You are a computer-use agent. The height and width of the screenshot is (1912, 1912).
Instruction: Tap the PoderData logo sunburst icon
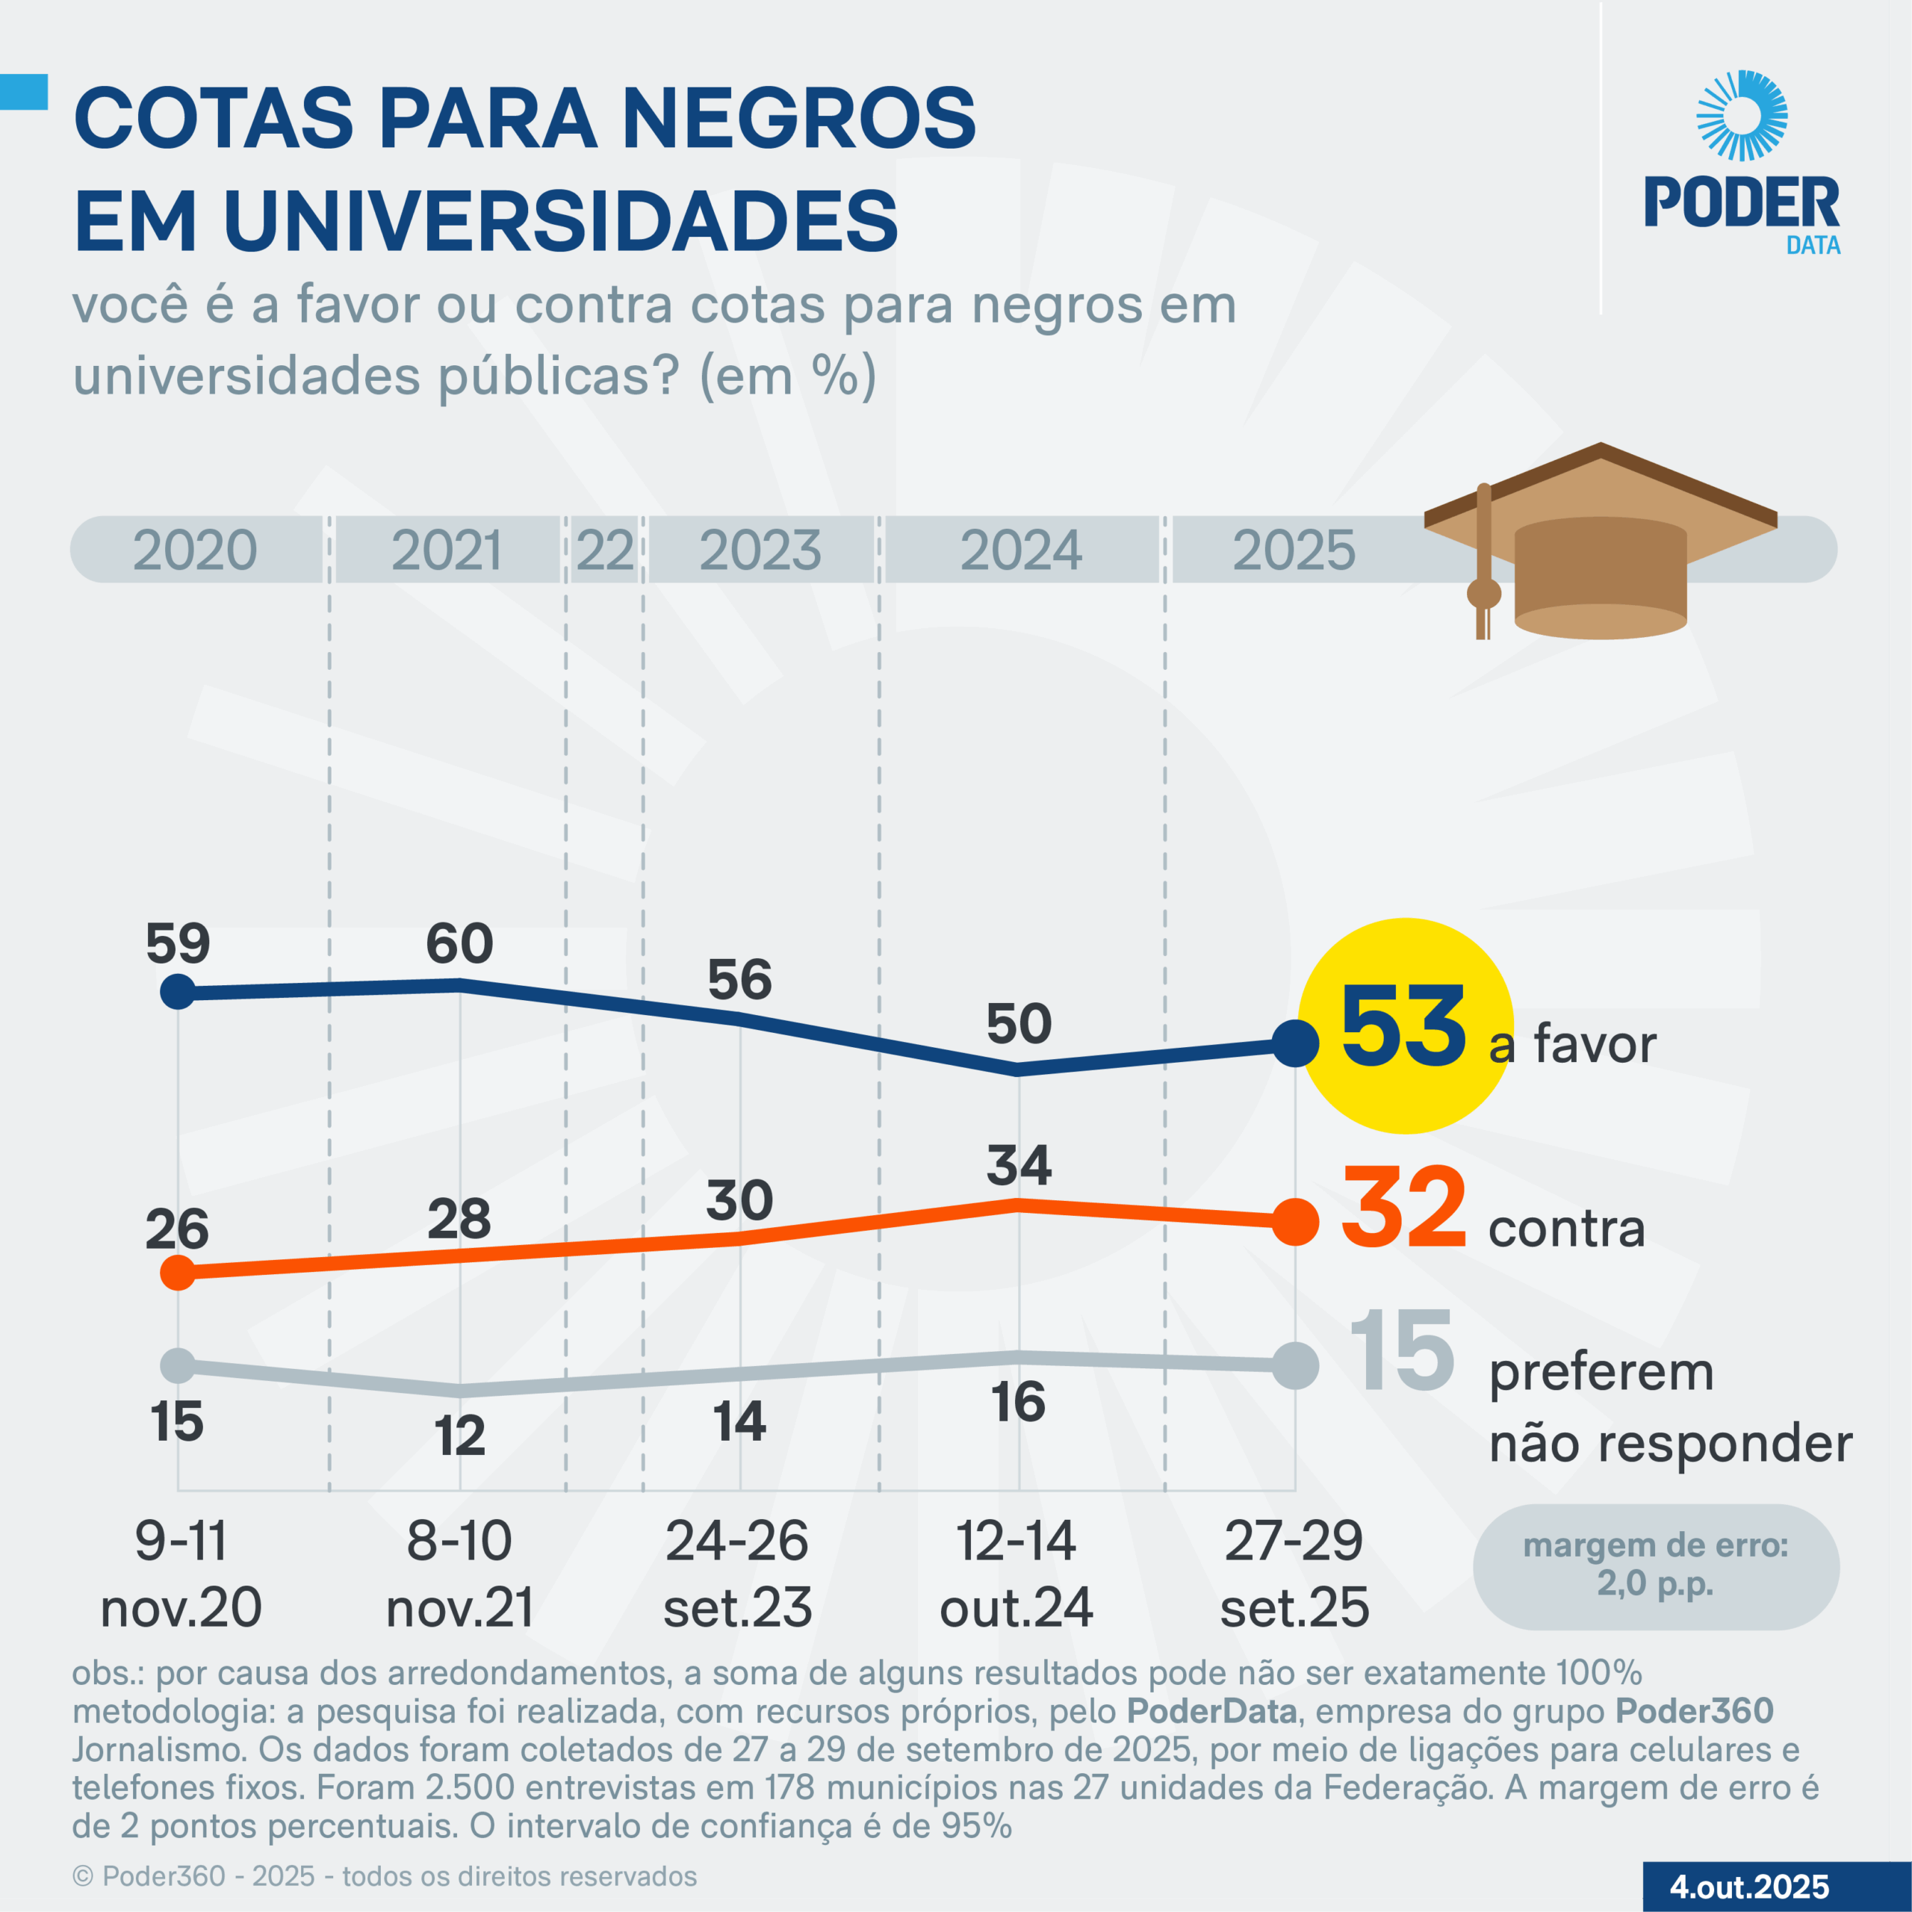1742,116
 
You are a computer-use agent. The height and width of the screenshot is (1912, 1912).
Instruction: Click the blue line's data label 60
459,943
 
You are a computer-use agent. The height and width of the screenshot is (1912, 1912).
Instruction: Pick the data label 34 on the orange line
1018,1165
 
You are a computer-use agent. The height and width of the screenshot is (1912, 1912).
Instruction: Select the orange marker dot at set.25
1294,1221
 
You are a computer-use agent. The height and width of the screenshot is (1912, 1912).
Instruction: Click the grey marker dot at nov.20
179,1366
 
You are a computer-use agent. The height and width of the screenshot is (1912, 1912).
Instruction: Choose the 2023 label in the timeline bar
760,550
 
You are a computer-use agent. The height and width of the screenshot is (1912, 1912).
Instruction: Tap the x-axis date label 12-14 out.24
1016,1574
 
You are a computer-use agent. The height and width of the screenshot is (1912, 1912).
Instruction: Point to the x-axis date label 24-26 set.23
737,1574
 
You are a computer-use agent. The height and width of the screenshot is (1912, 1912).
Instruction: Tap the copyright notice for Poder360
385,1876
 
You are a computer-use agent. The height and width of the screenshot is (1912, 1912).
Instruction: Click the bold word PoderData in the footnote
1212,1711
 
